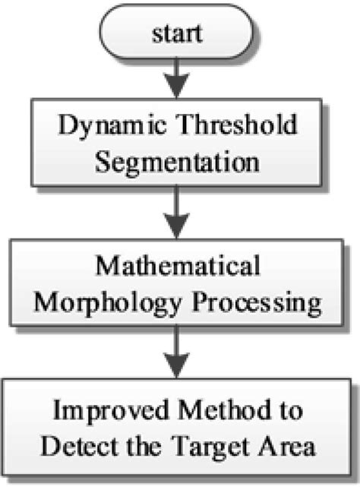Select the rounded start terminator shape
[x=122, y=33]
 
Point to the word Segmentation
[x=178, y=163]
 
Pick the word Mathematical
[x=178, y=267]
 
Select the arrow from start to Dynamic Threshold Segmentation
[x=178, y=76]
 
